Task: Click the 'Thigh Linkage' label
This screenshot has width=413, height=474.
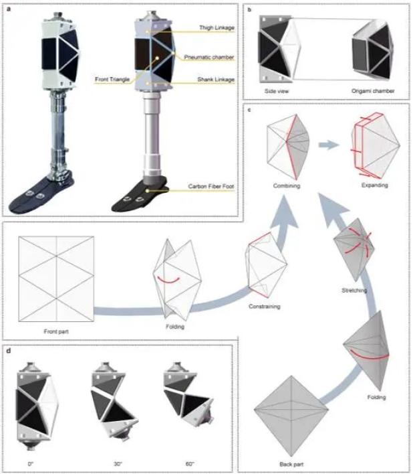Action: tap(217, 28)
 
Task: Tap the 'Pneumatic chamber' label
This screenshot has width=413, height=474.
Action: tap(209, 57)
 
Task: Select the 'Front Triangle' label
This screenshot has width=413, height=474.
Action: tap(112, 80)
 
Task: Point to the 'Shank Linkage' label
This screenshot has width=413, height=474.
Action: tap(216, 80)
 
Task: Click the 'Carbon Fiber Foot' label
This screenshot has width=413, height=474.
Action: tap(211, 186)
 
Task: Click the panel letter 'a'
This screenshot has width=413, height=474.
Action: tap(9, 9)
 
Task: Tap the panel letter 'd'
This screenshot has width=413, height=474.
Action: tap(9, 351)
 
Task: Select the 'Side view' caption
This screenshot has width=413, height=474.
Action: tap(277, 91)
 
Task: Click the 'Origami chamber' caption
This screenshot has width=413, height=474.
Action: tap(373, 91)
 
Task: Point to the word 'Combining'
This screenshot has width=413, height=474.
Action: tap(287, 185)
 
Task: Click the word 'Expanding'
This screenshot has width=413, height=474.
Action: tap(375, 185)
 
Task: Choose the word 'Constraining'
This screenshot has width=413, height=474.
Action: tap(264, 306)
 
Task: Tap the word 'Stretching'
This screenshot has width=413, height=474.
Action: tap(354, 290)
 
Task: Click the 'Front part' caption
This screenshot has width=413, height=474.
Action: tap(56, 331)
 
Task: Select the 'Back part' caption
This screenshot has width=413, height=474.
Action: tap(291, 464)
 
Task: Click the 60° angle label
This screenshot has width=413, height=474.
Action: tap(190, 464)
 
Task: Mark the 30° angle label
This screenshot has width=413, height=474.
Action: tap(118, 464)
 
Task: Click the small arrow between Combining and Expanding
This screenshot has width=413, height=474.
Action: tap(329, 145)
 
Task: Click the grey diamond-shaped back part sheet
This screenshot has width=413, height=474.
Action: tap(291, 416)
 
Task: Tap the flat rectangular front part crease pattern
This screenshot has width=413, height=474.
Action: tap(56, 279)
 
